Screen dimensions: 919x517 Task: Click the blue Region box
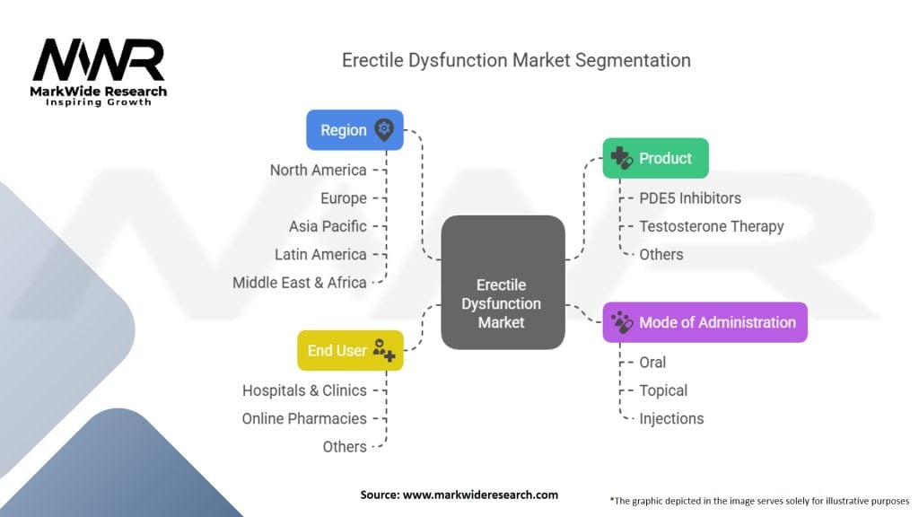[354, 129]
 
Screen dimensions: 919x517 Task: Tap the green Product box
[655, 158]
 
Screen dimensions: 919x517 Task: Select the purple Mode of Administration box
[705, 322]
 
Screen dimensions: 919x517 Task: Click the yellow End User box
[350, 350]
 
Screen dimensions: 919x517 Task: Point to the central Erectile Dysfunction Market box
[503, 282]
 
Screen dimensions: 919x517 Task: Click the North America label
[319, 170]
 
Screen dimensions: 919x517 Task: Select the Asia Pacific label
[328, 226]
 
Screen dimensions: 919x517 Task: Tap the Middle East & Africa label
[300, 283]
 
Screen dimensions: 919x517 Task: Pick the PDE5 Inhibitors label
[690, 198]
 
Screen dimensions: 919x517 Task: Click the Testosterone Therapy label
[711, 226]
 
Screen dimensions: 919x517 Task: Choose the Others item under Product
[661, 254]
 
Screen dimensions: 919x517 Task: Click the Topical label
[663, 390]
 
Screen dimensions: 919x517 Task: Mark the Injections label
[671, 418]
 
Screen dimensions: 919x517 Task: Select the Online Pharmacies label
[304, 418]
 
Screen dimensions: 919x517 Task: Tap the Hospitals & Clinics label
[304, 390]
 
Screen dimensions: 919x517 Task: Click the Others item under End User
[345, 447]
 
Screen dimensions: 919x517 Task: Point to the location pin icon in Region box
[384, 129]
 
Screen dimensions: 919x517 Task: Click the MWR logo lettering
[99, 60]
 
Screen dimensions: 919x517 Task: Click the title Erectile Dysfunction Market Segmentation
[516, 60]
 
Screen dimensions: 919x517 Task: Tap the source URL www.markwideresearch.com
[480, 495]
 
